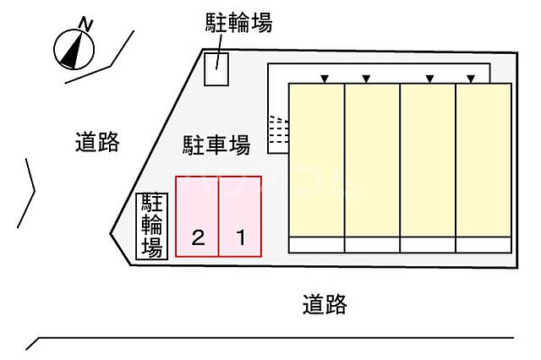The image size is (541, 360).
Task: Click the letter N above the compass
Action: [85, 23]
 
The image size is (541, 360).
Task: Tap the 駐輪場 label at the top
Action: [239, 23]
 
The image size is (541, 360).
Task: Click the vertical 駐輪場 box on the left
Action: [152, 226]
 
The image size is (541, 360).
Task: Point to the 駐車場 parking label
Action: [216, 145]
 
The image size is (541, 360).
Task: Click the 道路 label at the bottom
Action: [325, 303]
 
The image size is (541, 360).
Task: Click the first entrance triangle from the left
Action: [324, 79]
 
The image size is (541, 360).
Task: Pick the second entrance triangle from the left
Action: [366, 79]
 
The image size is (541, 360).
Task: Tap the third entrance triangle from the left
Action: [429, 79]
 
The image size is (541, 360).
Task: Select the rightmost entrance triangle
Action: [471, 79]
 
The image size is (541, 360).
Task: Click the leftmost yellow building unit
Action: [317, 160]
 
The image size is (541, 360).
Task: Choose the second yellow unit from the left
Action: [372, 160]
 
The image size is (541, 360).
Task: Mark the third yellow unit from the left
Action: [428, 160]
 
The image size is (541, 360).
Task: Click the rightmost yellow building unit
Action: [484, 160]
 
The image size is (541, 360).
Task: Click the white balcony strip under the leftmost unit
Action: [317, 245]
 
